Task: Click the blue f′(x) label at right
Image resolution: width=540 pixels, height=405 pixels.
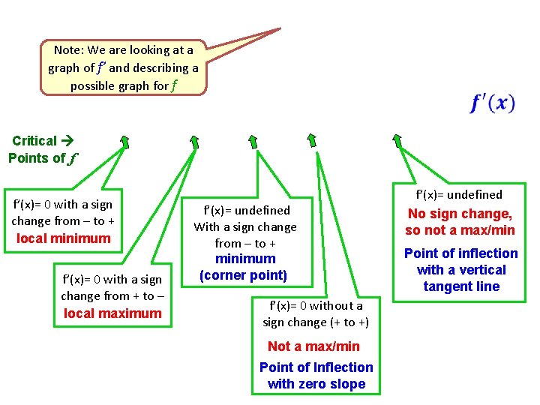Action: point(493,103)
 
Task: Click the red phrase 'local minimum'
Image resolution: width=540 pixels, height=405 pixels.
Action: point(63,238)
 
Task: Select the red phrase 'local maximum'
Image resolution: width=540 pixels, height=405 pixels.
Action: point(112,313)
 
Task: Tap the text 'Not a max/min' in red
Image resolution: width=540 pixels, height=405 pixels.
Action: point(313,346)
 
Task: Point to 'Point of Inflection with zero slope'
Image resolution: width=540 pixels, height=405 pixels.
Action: point(316,376)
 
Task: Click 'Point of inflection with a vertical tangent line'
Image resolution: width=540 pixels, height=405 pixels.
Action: point(461,270)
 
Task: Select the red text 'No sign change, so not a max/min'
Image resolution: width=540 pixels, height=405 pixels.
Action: point(460,222)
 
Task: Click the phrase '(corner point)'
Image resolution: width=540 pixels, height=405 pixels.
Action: point(244,275)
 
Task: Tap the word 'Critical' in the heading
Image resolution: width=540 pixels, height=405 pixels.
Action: point(34,141)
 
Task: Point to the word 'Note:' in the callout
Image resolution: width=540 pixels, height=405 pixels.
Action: point(69,50)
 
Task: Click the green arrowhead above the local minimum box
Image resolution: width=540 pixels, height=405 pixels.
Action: point(124,141)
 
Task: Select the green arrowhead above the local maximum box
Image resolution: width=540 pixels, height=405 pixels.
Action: point(193,141)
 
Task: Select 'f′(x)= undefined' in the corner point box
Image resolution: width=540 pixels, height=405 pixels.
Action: point(247,211)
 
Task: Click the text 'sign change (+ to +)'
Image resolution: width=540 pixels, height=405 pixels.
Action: point(316,322)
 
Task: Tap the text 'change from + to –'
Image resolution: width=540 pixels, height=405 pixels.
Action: point(112,296)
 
